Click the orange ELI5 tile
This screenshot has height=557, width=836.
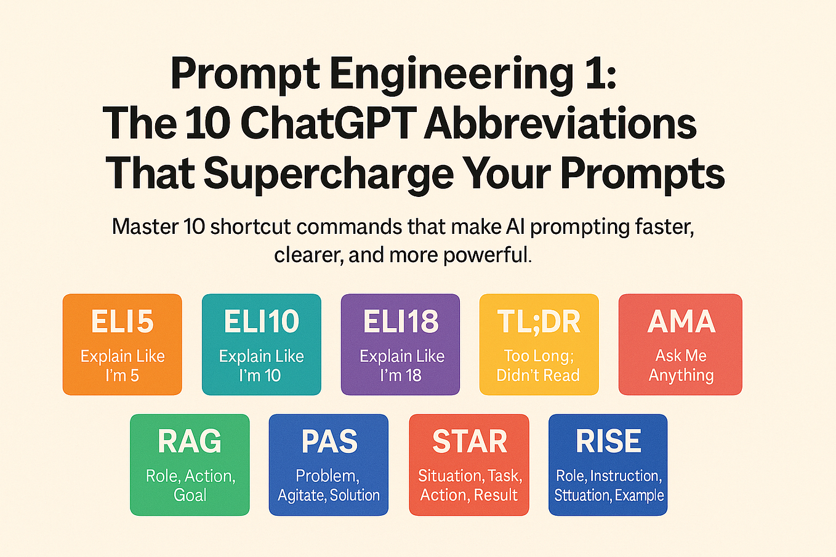pyautogui.click(x=122, y=344)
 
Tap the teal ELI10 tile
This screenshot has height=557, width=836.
pyautogui.click(x=261, y=344)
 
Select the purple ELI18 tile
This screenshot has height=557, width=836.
pyautogui.click(x=401, y=344)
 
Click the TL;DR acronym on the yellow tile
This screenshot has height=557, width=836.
pyautogui.click(x=539, y=322)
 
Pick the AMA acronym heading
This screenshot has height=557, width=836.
pyautogui.click(x=681, y=322)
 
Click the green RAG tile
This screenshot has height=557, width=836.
pyautogui.click(x=190, y=465)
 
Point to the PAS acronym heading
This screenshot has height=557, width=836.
pyautogui.click(x=329, y=441)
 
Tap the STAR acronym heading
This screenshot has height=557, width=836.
pyautogui.click(x=470, y=441)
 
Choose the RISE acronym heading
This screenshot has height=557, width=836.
pyautogui.click(x=608, y=441)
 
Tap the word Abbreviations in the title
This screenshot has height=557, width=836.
pyautogui.click(x=560, y=122)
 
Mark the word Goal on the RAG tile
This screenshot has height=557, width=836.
pyautogui.click(x=190, y=495)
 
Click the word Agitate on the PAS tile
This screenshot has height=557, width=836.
pyautogui.click(x=302, y=495)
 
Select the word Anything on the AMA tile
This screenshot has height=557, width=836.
pyautogui.click(x=681, y=375)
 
